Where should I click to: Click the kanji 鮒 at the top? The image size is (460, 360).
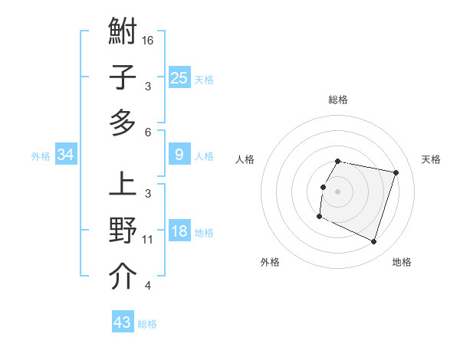pyautogui.click(x=123, y=33)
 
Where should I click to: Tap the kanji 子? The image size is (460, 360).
pyautogui.click(x=123, y=77)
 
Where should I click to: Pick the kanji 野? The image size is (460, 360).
pyautogui.click(x=123, y=231)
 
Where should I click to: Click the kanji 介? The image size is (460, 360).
pyautogui.click(x=123, y=278)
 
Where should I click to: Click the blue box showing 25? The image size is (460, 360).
pyautogui.click(x=179, y=77)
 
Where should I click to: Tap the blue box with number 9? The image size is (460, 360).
pyautogui.click(x=179, y=155)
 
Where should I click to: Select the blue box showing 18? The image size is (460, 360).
pyautogui.click(x=179, y=232)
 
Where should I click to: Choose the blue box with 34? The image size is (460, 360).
pyautogui.click(x=66, y=155)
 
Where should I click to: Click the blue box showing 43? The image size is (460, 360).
pyautogui.click(x=123, y=322)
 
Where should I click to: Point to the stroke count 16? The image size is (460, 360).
pyautogui.click(x=148, y=39)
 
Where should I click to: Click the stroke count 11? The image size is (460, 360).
pyautogui.click(x=148, y=240)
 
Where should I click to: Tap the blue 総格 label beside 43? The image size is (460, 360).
pyautogui.click(x=147, y=324)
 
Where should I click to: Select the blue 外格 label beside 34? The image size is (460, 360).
pyautogui.click(x=41, y=156)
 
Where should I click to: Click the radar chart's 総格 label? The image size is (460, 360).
pyautogui.click(x=338, y=100)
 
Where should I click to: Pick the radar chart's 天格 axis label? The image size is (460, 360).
pyautogui.click(x=432, y=159)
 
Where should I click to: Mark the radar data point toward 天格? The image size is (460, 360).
pyautogui.click(x=396, y=173)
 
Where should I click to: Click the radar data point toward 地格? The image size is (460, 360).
pyautogui.click(x=373, y=242)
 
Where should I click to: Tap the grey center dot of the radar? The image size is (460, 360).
pyautogui.click(x=337, y=191)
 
